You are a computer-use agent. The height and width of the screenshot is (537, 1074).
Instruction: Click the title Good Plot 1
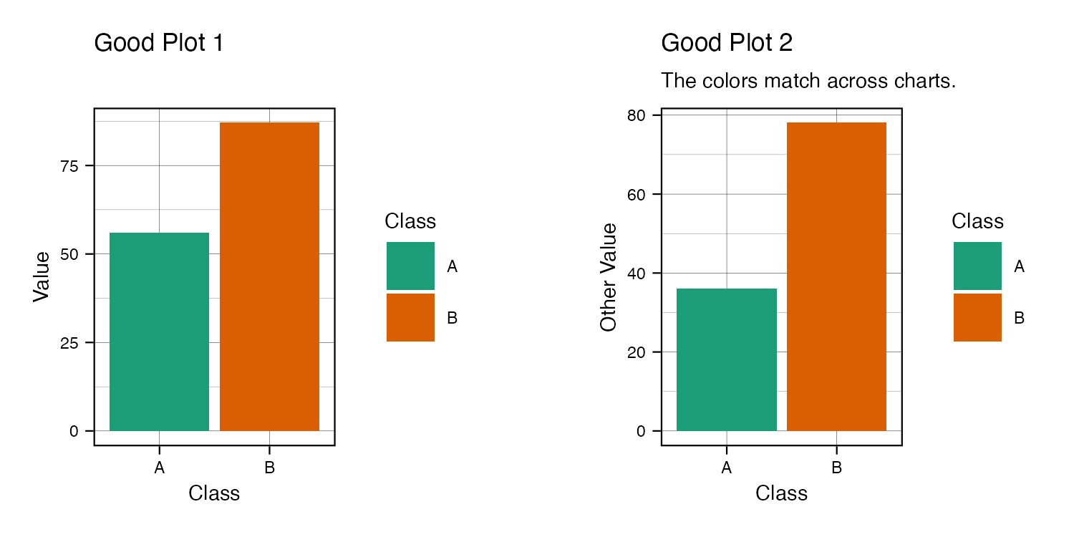coord(159,43)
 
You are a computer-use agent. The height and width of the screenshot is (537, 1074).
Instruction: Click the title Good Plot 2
coord(727,43)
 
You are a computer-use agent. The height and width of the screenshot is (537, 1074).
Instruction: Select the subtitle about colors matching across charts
coord(808,80)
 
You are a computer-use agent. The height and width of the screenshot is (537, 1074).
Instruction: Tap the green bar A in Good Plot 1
coord(159,332)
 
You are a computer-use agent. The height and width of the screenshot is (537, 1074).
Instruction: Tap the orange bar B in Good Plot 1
coord(269,276)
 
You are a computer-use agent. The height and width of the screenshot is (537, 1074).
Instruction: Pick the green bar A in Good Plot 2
coord(727,359)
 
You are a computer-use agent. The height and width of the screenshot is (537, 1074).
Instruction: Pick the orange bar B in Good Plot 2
coord(837,276)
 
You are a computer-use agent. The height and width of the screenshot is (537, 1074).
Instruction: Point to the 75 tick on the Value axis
coord(69,166)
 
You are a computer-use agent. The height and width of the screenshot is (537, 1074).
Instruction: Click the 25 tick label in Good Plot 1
coord(69,343)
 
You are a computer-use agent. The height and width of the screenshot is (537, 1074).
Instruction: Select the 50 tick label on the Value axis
coord(69,255)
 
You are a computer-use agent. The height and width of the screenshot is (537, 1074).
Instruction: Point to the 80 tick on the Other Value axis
coord(637,115)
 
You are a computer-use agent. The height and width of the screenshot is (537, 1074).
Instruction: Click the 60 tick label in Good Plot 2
coord(637,195)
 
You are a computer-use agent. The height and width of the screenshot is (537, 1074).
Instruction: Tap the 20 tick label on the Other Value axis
coord(637,352)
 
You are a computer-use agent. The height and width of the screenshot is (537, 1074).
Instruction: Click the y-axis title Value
coord(42,276)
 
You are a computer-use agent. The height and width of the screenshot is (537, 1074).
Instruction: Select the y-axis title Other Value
coord(608,277)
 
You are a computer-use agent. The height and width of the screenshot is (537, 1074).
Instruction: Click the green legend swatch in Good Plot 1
coord(410,266)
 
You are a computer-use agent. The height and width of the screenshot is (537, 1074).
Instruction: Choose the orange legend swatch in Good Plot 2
coord(977,317)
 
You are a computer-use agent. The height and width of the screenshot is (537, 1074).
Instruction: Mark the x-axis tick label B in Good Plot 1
coord(269,468)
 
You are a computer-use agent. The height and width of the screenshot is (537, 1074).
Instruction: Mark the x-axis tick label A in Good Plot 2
coord(727,468)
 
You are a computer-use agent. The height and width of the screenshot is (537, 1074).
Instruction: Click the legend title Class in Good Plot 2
coord(977,221)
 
